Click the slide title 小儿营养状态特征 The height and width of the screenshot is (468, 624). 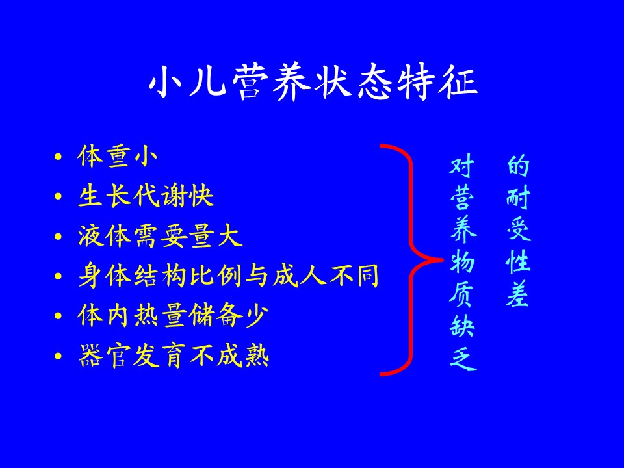[313, 83]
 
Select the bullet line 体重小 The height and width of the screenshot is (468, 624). [118, 157]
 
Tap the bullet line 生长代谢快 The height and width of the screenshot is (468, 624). [146, 196]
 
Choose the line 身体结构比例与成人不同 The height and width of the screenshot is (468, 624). [228, 276]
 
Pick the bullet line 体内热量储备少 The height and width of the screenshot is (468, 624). [173, 315]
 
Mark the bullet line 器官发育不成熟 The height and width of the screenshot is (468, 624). [174, 356]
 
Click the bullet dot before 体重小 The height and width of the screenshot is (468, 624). [58, 157]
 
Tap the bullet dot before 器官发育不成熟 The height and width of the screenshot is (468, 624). [58, 356]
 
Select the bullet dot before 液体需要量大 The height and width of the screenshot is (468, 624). [58, 236]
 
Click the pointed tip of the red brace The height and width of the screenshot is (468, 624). [443, 260]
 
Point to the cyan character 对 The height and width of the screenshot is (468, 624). [462, 166]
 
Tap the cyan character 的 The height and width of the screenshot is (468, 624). [518, 166]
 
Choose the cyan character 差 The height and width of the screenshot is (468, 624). [517, 294]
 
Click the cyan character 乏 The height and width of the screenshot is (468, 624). [463, 359]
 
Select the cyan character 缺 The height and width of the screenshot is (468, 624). [462, 327]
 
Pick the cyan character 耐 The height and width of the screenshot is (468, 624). [518, 198]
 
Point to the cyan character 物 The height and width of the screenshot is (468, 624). [462, 262]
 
